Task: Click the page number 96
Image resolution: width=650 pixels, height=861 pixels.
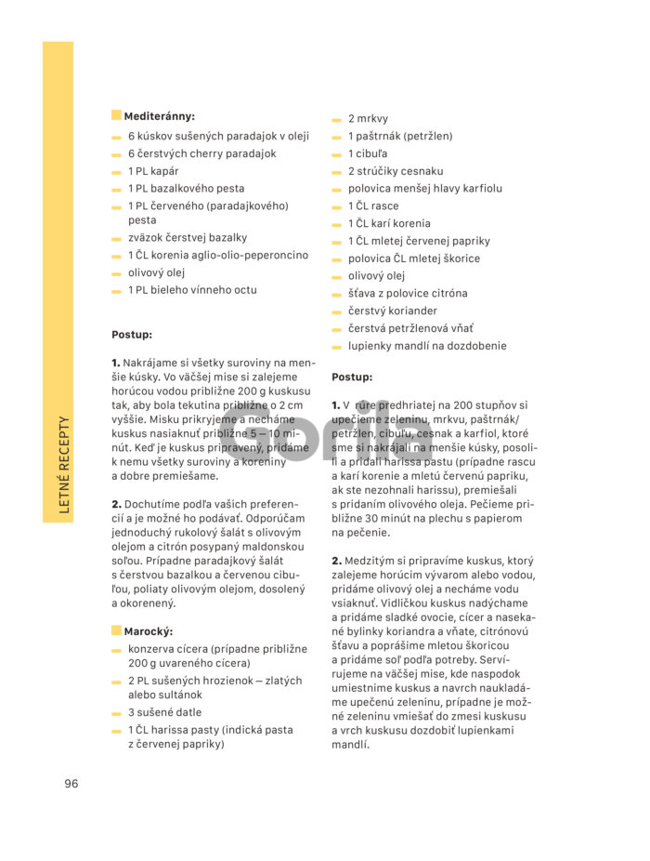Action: pos(71,783)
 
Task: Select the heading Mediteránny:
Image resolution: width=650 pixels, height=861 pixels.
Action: pos(159,116)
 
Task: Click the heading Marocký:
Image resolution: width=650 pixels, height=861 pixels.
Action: pos(149,631)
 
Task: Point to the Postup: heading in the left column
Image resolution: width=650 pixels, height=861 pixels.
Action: pos(132,335)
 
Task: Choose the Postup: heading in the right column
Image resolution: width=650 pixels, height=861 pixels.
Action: pos(352,378)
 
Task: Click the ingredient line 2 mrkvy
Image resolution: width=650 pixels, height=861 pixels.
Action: pos(368,119)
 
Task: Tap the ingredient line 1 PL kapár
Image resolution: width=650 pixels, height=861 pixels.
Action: pos(153,171)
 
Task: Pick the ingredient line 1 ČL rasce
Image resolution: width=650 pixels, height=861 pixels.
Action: pos(373,206)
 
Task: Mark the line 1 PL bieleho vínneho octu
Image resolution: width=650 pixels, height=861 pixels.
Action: pos(192,290)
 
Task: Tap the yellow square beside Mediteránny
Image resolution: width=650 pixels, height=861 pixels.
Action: pos(116,115)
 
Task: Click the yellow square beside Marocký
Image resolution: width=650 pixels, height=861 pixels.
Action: pos(116,630)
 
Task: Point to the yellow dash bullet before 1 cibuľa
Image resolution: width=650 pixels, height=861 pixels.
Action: pos(337,154)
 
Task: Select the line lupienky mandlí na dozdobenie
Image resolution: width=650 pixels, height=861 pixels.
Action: pos(427,346)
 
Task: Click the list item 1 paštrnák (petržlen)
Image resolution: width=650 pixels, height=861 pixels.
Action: pos(400,136)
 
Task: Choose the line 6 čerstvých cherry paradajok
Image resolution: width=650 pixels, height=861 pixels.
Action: pos(201,153)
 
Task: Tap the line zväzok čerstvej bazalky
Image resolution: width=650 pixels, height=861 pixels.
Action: pos(188,238)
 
